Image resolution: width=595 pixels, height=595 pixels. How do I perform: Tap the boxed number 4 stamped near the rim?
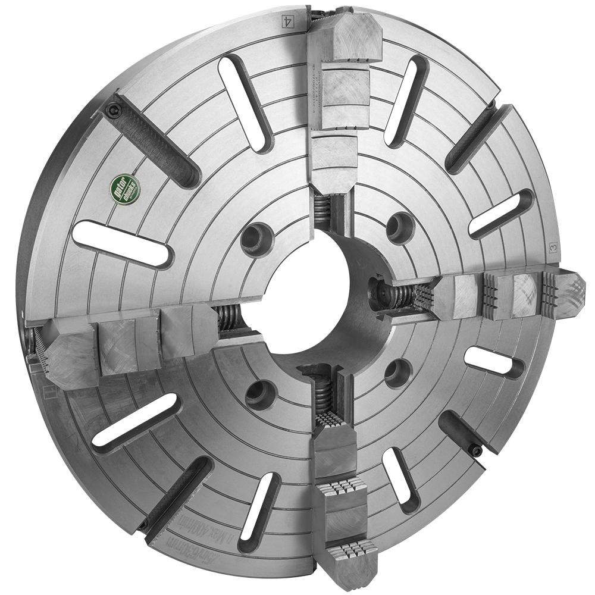pyautogui.click(x=288, y=19)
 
